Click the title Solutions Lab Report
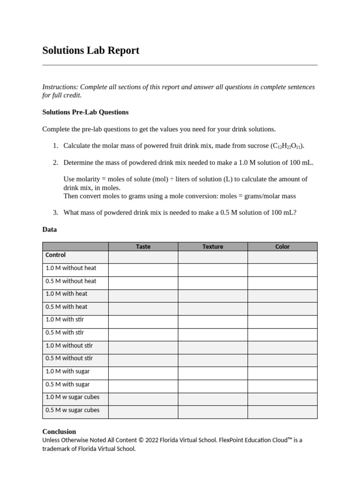90,50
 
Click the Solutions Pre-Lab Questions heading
85,112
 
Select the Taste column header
143,247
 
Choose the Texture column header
213,247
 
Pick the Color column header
282,247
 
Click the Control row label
55,255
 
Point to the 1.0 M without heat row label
71,268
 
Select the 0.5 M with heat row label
66,307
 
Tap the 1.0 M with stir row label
65,320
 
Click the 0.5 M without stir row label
69,358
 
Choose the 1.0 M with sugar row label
67,371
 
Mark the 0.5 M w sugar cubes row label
72,410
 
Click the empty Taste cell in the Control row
143,257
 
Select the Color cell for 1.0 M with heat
282,296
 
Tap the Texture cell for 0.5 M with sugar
213,386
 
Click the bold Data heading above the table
49,230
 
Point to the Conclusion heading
59,431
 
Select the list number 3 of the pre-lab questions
55,212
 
